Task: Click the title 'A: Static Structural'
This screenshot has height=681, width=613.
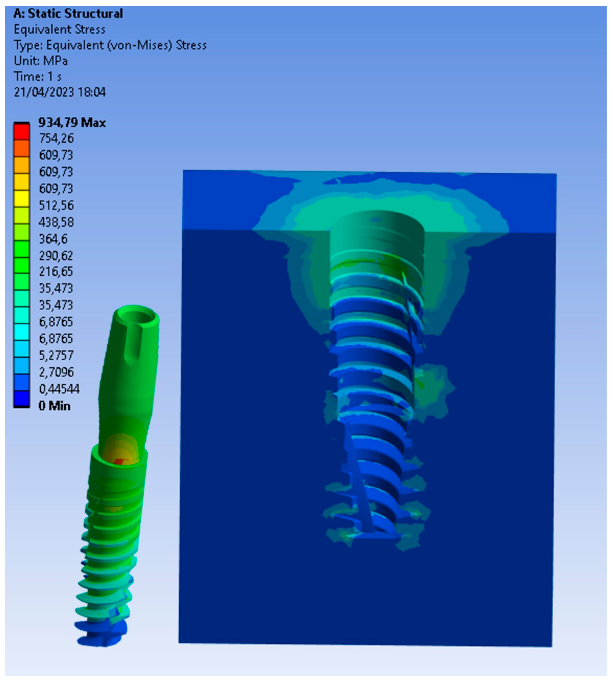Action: pos(68,14)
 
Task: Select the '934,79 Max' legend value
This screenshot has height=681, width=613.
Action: pos(72,122)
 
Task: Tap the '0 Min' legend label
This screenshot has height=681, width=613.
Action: pos(54,406)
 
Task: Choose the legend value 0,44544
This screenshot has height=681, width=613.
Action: pos(59,389)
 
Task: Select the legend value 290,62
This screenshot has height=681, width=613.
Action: pos(56,255)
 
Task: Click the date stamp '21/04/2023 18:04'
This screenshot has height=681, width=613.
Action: pos(60,92)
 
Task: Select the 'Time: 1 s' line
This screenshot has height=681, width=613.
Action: pos(37,77)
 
